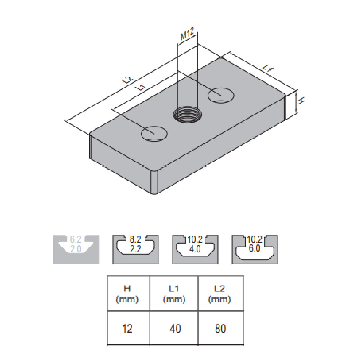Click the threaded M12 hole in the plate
pyautogui.click(x=188, y=114)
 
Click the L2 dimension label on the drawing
pyautogui.click(x=127, y=79)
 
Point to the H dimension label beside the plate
pyautogui.click(x=301, y=100)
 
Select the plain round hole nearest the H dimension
pyautogui.click(x=221, y=95)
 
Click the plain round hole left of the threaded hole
pyautogui.click(x=154, y=133)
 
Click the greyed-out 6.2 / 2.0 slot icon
pyautogui.click(x=76, y=249)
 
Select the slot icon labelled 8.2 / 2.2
pyautogui.click(x=135, y=249)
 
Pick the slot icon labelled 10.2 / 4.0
pyautogui.click(x=195, y=249)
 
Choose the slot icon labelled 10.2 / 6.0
pyautogui.click(x=255, y=249)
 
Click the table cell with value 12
pyautogui.click(x=127, y=329)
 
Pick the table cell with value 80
pyautogui.click(x=220, y=329)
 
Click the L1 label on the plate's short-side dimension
pyautogui.click(x=268, y=68)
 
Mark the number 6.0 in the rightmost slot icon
pyautogui.click(x=255, y=248)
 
